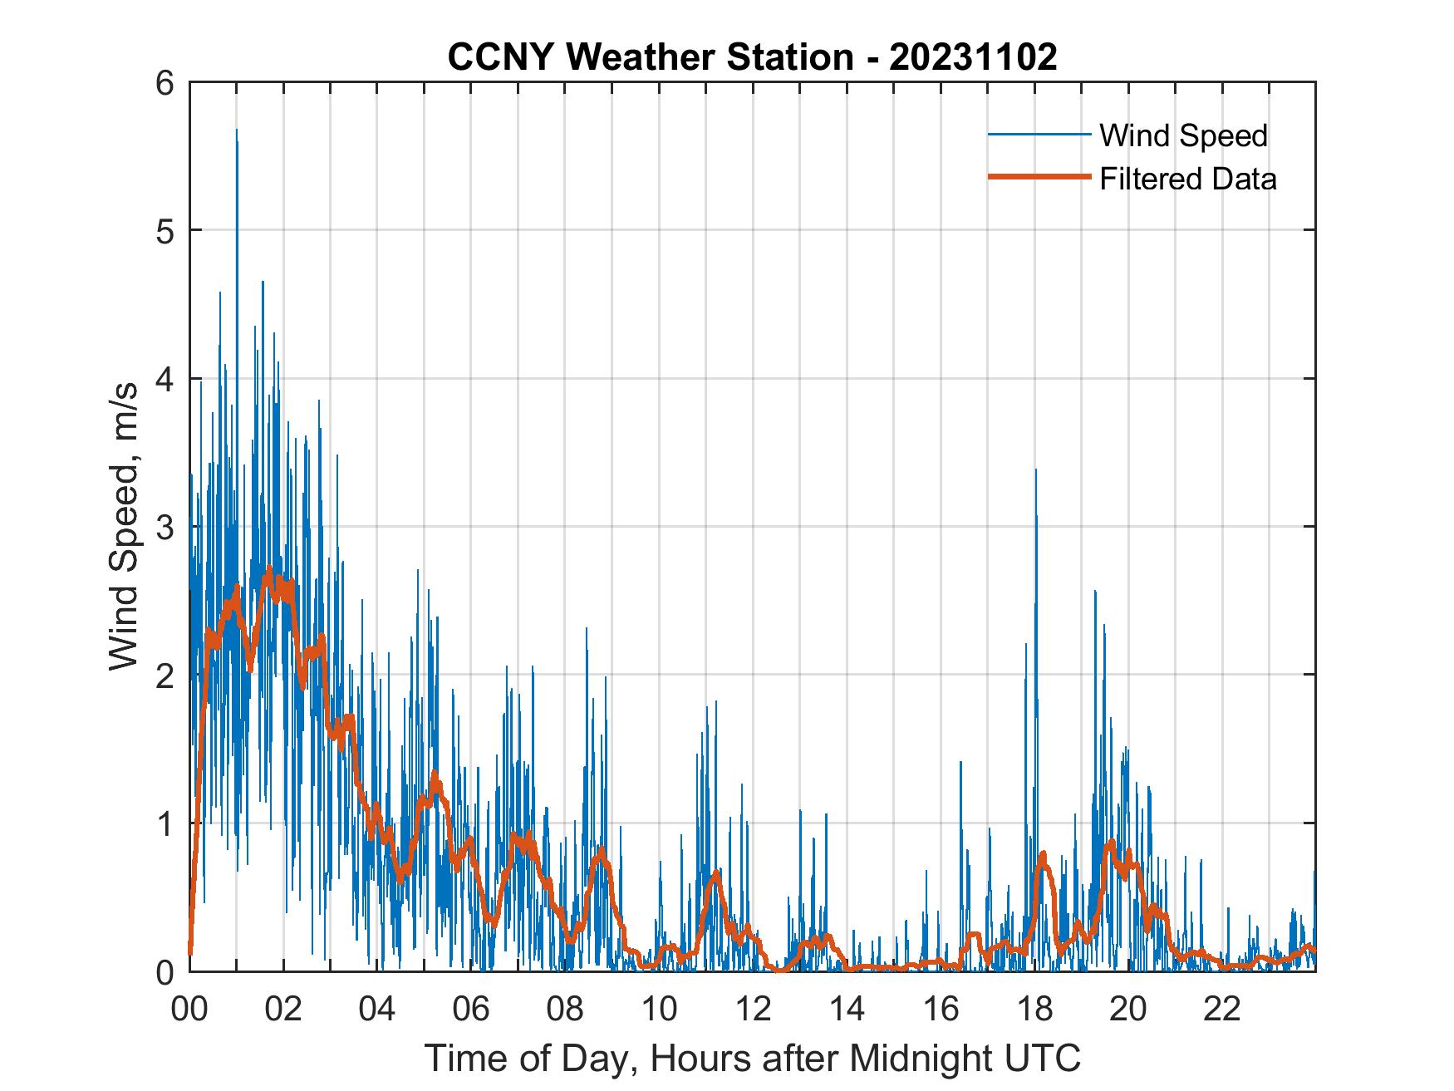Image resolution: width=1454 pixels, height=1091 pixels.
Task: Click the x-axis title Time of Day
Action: [x=752, y=1059]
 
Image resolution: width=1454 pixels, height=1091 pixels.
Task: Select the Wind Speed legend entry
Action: [x=1183, y=135]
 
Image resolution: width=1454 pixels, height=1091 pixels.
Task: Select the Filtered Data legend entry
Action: [x=1187, y=179]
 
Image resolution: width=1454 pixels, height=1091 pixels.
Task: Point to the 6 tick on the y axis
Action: [x=166, y=83]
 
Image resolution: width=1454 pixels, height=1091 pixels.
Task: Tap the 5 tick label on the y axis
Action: [x=166, y=231]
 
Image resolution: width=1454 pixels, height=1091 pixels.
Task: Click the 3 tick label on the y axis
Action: [x=166, y=528]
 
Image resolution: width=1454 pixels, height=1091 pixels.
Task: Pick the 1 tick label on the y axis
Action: [x=166, y=824]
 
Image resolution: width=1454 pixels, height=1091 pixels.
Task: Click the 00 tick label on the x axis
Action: [x=190, y=1009]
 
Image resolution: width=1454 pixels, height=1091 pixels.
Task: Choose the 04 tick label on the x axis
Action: [x=378, y=1009]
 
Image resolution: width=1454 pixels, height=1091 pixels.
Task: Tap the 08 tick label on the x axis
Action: [x=566, y=1009]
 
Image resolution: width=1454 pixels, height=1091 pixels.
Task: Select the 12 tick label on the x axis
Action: [x=754, y=1009]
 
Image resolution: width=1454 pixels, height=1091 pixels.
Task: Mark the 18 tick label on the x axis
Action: [x=1035, y=1009]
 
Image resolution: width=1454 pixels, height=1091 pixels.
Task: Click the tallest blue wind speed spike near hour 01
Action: [x=237, y=131]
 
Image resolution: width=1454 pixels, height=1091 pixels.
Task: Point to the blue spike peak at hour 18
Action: [x=1035, y=471]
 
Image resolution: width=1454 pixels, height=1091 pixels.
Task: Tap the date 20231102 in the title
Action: [x=973, y=57]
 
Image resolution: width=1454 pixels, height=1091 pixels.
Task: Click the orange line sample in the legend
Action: [x=1039, y=177]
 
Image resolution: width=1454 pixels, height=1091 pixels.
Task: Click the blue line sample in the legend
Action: [x=1039, y=134]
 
